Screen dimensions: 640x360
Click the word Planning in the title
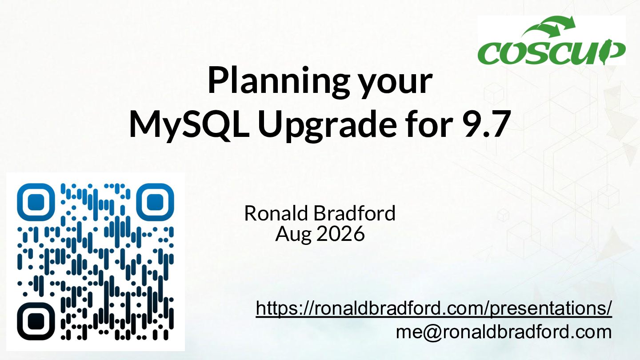point(279,80)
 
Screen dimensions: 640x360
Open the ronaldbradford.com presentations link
point(434,308)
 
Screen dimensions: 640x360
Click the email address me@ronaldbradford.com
point(504,332)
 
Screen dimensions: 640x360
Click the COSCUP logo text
point(552,52)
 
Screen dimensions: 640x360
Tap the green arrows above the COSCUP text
point(548,27)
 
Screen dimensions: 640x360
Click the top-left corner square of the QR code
point(36,202)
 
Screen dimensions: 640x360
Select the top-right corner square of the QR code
point(155,202)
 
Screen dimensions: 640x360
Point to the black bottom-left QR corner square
point(36,321)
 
